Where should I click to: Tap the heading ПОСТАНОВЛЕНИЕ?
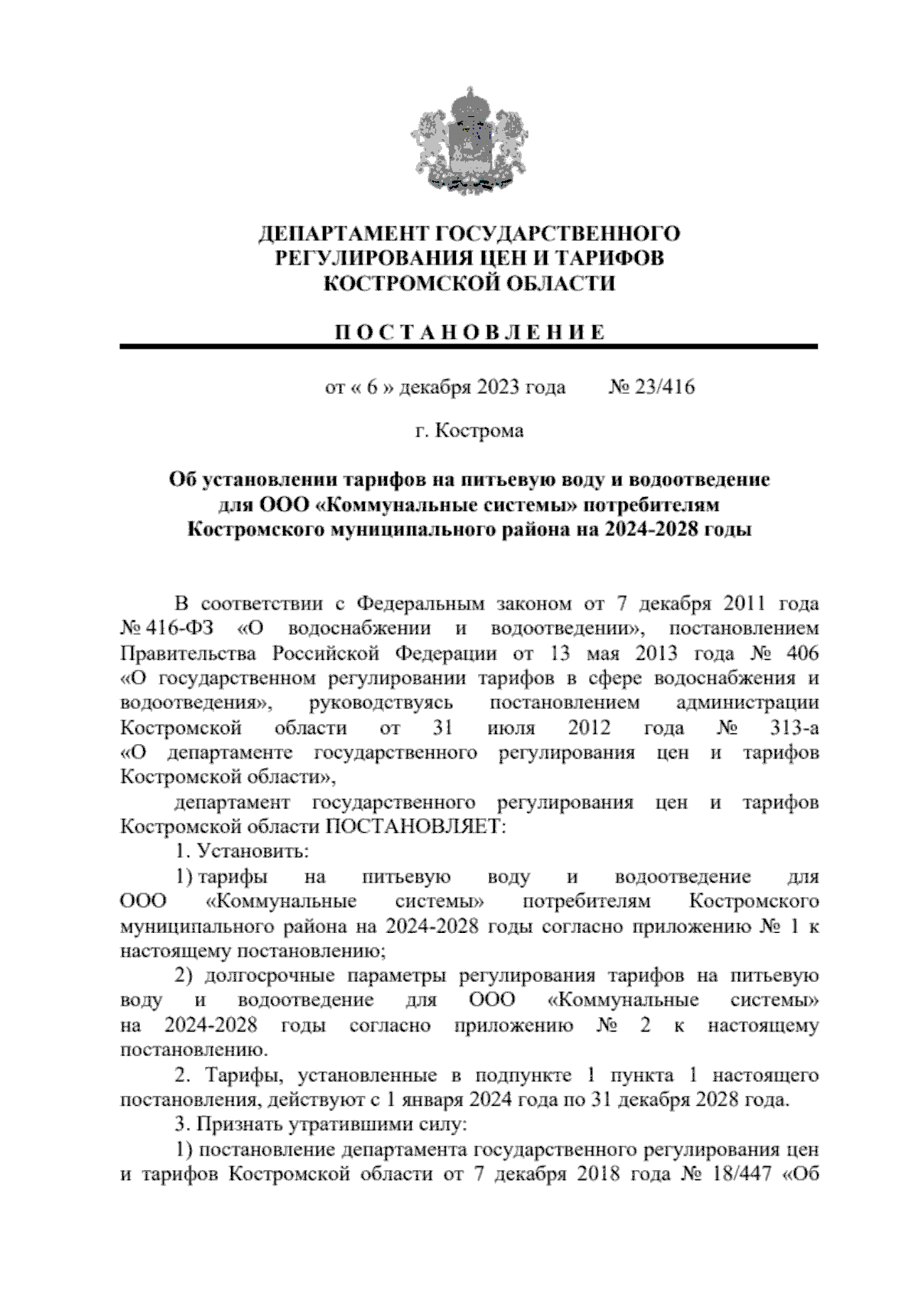coord(469,332)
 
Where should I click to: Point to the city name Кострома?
coord(480,431)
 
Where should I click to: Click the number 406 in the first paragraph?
coord(802,654)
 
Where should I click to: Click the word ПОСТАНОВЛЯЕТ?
coord(413,827)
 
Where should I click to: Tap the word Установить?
coord(253,851)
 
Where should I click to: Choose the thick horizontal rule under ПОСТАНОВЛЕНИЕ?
coord(469,348)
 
